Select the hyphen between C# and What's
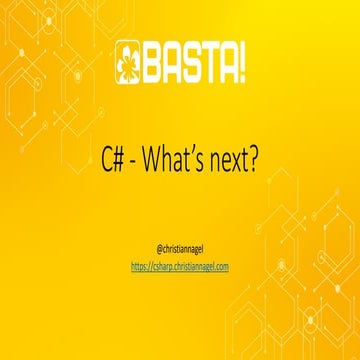[x=137, y=162]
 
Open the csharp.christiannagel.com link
[x=180, y=266]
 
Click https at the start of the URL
[x=141, y=266]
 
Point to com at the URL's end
[x=222, y=266]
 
